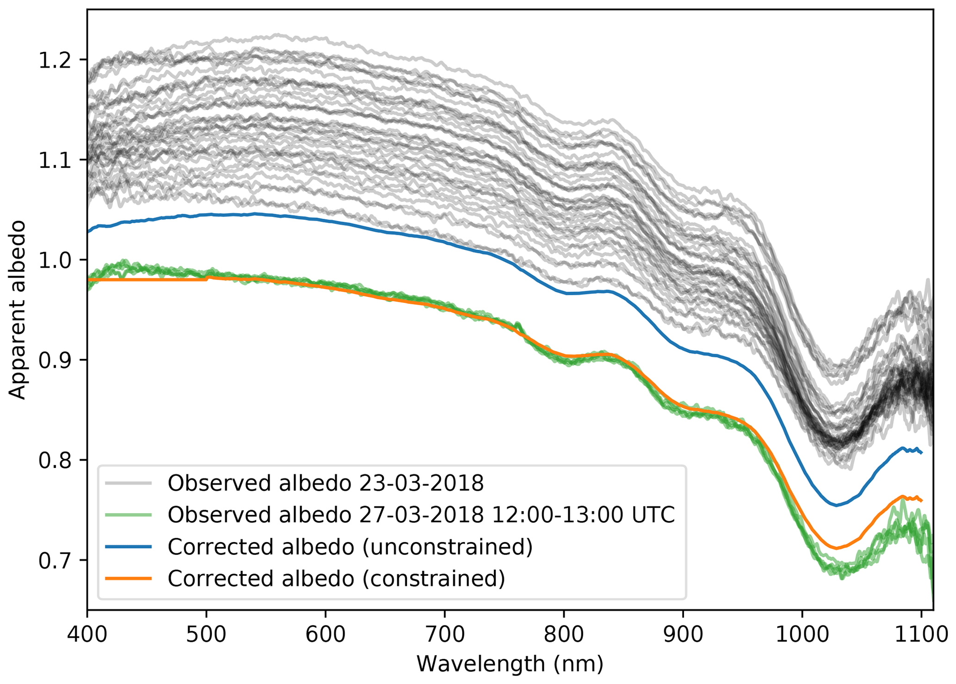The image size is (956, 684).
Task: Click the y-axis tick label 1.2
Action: (54, 61)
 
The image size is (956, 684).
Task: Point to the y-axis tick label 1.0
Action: (54, 260)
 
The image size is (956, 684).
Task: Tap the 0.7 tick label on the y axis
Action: (54, 561)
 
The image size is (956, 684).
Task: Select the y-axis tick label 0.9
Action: (54, 361)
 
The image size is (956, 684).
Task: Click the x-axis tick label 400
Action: (87, 635)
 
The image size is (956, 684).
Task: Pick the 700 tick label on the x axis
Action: (444, 635)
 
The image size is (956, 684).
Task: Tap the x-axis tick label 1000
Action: (802, 635)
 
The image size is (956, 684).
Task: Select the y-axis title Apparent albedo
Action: (18, 310)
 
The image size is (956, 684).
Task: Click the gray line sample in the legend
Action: (128, 483)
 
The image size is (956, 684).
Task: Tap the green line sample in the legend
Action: (128, 515)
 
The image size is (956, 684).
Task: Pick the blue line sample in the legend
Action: (128, 547)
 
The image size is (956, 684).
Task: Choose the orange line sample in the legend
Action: (128, 579)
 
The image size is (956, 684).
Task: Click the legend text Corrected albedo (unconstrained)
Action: (350, 547)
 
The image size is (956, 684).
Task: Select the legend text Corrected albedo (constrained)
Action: (336, 579)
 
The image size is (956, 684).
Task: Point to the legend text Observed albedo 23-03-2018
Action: (325, 483)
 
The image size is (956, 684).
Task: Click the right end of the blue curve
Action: (922, 453)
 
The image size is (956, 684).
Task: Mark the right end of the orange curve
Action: (922, 501)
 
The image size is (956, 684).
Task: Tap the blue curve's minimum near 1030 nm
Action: (836, 505)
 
